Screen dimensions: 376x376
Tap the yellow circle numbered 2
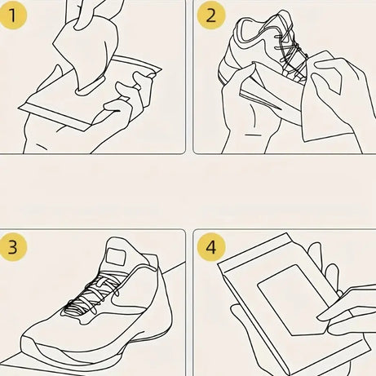click(x=211, y=16)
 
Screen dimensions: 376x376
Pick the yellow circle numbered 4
click(x=211, y=246)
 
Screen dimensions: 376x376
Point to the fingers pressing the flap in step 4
click(x=347, y=306)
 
